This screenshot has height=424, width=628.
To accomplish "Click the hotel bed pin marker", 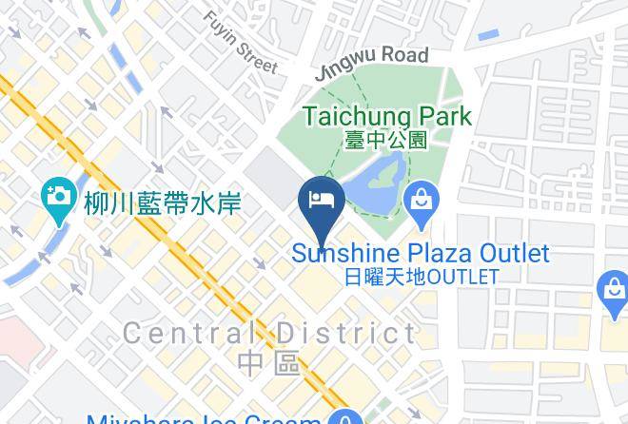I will (x=322, y=202).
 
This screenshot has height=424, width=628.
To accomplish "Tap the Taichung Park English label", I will (x=386, y=117).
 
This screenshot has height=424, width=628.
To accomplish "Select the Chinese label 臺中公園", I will (x=385, y=140).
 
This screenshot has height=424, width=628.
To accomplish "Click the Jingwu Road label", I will (x=372, y=62).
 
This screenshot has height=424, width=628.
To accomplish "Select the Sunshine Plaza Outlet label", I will (x=420, y=254).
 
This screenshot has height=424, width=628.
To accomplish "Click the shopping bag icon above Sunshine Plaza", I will (x=420, y=202).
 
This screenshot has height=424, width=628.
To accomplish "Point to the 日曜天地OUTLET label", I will (x=420, y=278).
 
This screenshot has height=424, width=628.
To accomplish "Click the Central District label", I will (x=269, y=334).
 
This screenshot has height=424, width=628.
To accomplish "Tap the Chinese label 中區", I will (x=269, y=362).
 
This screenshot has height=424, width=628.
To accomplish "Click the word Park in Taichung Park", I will (x=440, y=117).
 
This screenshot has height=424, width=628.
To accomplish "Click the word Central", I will (x=189, y=334).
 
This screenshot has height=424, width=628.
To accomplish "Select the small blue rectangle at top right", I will (x=488, y=36).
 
